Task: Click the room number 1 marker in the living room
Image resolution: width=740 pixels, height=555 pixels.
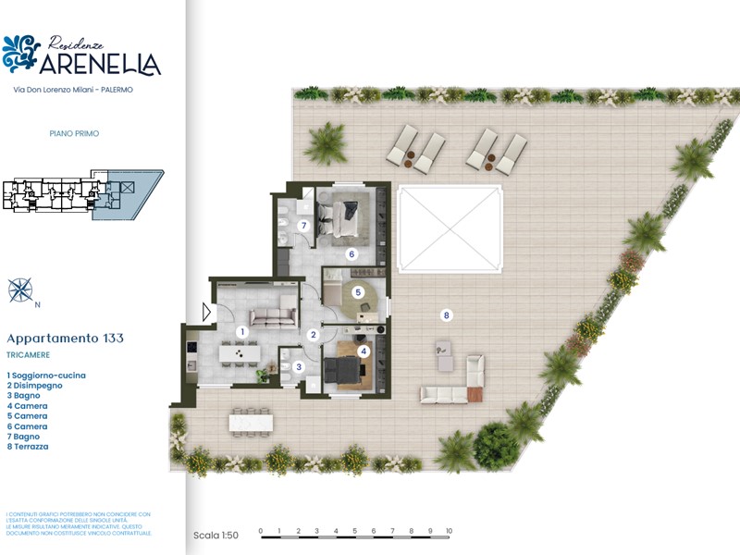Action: (241, 330)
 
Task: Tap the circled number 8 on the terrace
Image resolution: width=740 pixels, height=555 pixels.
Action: (447, 315)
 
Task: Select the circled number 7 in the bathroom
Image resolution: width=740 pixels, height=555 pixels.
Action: (302, 225)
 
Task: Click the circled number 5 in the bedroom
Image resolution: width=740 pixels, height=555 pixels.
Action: (358, 292)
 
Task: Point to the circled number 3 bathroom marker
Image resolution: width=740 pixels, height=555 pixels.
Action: (298, 367)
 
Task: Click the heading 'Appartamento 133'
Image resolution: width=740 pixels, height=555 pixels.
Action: (65, 339)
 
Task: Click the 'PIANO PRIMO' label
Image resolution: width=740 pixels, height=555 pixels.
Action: (74, 133)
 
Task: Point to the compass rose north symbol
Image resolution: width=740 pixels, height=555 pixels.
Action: (19, 290)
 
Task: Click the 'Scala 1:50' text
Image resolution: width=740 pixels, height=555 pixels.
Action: (216, 535)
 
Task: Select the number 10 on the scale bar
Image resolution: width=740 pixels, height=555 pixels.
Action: (449, 532)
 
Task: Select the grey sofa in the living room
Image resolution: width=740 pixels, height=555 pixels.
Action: (272, 317)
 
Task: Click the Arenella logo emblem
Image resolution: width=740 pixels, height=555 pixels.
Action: (20, 54)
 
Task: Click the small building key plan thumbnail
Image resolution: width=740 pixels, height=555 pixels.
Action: (81, 194)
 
